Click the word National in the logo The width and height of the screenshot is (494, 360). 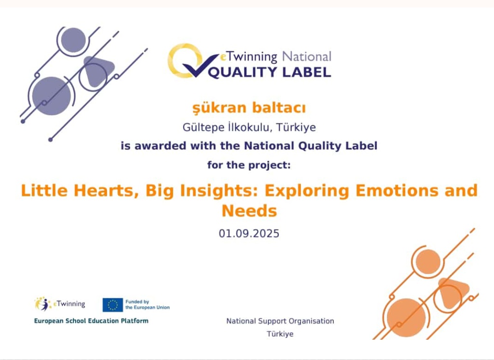[306, 57]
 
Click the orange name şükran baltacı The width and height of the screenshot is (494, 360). [249, 108]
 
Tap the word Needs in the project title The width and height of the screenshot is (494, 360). [249, 210]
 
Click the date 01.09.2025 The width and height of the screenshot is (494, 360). [249, 234]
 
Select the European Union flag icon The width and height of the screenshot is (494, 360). [112, 305]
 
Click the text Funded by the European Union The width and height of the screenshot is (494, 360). [148, 305]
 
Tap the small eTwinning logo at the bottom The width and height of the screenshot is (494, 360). [60, 304]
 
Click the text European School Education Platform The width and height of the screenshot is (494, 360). [91, 321]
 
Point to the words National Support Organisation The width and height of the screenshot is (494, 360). [280, 321]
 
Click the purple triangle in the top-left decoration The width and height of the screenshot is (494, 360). [97, 71]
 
